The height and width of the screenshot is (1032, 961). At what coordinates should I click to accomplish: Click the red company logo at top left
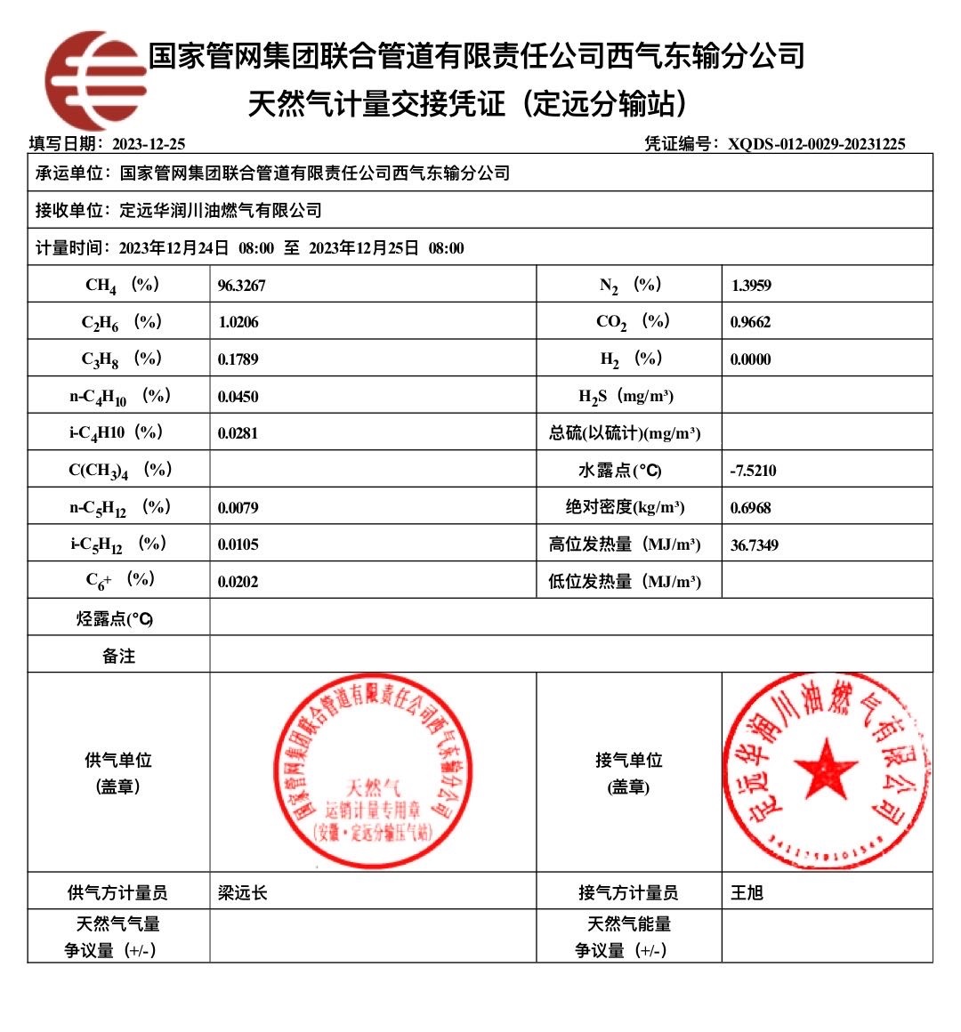(x=95, y=80)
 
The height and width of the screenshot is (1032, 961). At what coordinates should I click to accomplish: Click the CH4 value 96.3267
(x=241, y=286)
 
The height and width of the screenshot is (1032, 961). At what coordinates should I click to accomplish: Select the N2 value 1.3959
(x=751, y=286)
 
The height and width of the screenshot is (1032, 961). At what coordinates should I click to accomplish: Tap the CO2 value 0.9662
(x=750, y=322)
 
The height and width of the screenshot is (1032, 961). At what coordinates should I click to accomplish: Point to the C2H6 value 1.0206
(x=238, y=322)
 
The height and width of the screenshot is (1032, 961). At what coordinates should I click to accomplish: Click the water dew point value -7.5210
(x=753, y=471)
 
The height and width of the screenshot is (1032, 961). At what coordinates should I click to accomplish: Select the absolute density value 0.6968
(x=750, y=508)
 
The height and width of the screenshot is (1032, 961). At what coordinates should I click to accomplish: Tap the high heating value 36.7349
(x=754, y=544)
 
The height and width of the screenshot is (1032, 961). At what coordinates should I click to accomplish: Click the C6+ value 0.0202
(x=238, y=582)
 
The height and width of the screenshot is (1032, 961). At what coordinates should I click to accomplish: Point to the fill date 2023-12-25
(x=149, y=144)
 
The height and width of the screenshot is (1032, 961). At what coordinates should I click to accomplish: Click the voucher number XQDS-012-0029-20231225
(x=816, y=144)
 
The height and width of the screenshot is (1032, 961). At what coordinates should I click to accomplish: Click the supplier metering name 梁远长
(x=242, y=892)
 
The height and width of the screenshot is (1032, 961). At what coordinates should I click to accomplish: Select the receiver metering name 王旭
(x=747, y=892)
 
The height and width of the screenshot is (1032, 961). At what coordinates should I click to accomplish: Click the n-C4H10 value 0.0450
(x=238, y=397)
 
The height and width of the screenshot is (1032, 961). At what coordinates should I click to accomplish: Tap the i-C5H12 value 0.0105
(x=238, y=544)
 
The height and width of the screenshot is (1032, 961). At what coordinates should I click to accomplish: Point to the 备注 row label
(x=118, y=656)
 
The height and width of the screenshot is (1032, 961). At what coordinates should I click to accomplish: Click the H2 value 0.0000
(x=750, y=359)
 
